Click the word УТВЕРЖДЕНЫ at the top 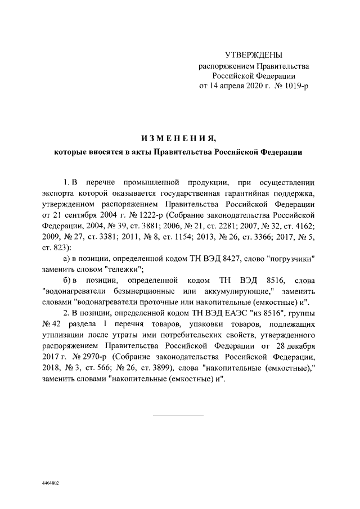253,55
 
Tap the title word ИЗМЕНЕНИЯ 178,138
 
